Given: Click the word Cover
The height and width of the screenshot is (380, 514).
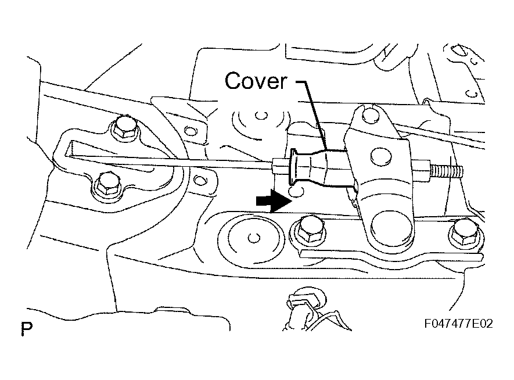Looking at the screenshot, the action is [x=256, y=81].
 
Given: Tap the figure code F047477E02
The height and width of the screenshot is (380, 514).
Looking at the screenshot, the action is [x=458, y=324].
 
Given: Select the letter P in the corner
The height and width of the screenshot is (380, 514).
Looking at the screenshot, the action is [x=27, y=329].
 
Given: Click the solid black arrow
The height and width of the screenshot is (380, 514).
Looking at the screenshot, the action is [x=274, y=200].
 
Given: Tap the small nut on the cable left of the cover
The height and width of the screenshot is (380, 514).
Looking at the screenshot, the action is [x=279, y=165].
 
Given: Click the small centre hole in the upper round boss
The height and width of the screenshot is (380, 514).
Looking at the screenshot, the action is [x=261, y=116].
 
